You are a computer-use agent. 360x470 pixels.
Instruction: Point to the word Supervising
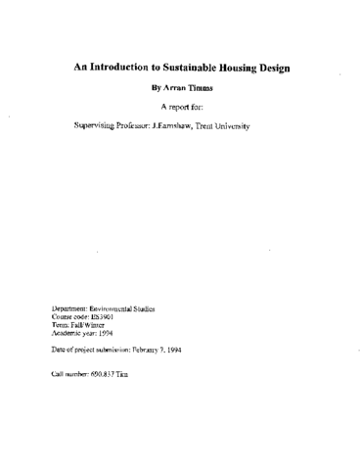[97, 127]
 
